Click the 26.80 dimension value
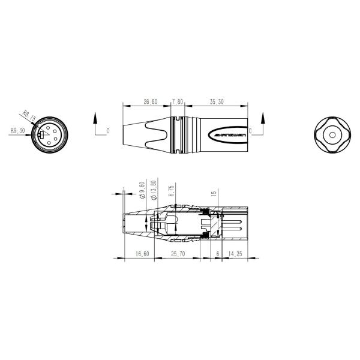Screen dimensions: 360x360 (x=150, y=103)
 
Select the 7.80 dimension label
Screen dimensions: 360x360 (x=178, y=103)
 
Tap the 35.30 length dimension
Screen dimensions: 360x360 (x=217, y=103)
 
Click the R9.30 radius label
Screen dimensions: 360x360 (x=17, y=130)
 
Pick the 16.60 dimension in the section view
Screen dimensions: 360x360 (x=143, y=254)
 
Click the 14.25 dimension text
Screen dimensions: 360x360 (x=235, y=254)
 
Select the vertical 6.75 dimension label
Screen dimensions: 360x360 (x=172, y=191)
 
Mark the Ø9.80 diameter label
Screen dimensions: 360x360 (x=142, y=189)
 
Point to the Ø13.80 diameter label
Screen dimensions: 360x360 (x=154, y=189)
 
